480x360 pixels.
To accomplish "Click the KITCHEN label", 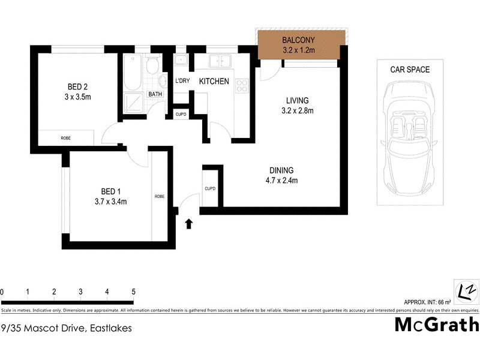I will pyautogui.click(x=214, y=81).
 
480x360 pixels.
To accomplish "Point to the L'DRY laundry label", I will pyautogui.click(x=182, y=81).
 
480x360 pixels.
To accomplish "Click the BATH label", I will pyautogui.click(x=155, y=94).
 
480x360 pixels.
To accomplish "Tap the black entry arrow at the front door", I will pyautogui.click(x=189, y=224).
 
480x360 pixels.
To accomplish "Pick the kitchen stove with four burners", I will pyautogui.click(x=242, y=86).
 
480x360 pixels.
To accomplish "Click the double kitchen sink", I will pyautogui.click(x=220, y=61).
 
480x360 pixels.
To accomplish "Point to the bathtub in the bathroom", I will pyautogui.click(x=132, y=75).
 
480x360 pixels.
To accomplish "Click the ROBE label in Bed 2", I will pyautogui.click(x=66, y=138).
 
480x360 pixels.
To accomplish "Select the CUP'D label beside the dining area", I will pyautogui.click(x=210, y=188).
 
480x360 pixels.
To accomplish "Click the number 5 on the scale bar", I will pyautogui.click(x=133, y=292).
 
